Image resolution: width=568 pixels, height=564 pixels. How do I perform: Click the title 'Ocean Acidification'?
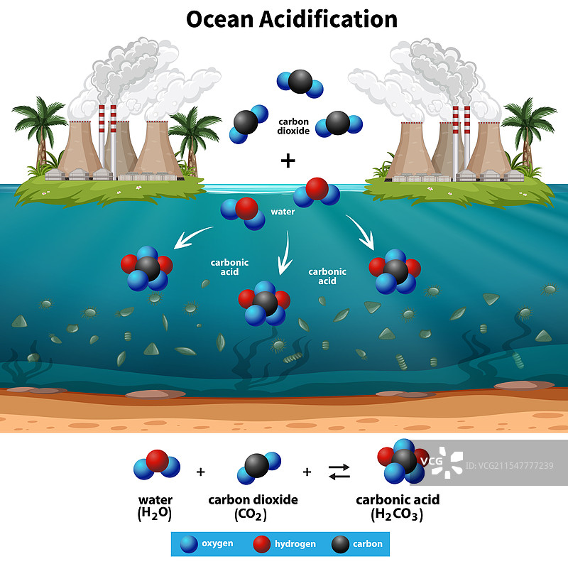click(x=291, y=19)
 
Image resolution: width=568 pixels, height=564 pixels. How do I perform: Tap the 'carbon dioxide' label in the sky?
click(x=293, y=126)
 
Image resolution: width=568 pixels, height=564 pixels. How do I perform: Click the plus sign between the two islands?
click(x=288, y=161)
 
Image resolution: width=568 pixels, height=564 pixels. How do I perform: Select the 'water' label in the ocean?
click(x=283, y=212)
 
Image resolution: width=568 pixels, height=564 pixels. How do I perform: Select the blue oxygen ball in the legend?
click(x=189, y=544)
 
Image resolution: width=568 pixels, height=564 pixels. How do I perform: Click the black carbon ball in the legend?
click(x=341, y=544)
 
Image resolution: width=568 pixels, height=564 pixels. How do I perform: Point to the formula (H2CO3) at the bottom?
click(x=398, y=515)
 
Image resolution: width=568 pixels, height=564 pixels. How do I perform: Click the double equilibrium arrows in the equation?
click(x=339, y=470)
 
